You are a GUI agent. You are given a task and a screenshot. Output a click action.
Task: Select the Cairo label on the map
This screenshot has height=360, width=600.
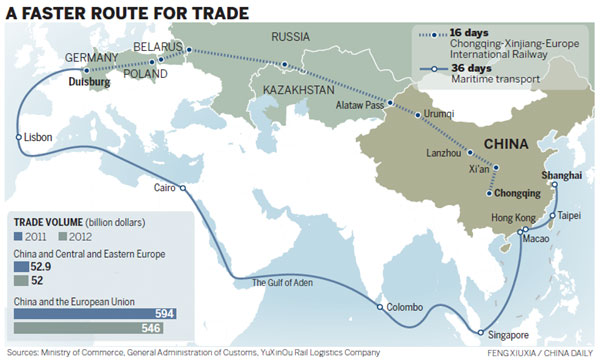pyautogui.click(x=163, y=187)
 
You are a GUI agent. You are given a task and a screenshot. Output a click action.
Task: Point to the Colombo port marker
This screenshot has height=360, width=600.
pyautogui.click(x=380, y=307)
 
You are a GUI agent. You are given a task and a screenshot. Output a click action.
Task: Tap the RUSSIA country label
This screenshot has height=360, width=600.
pyautogui.click(x=291, y=38)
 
